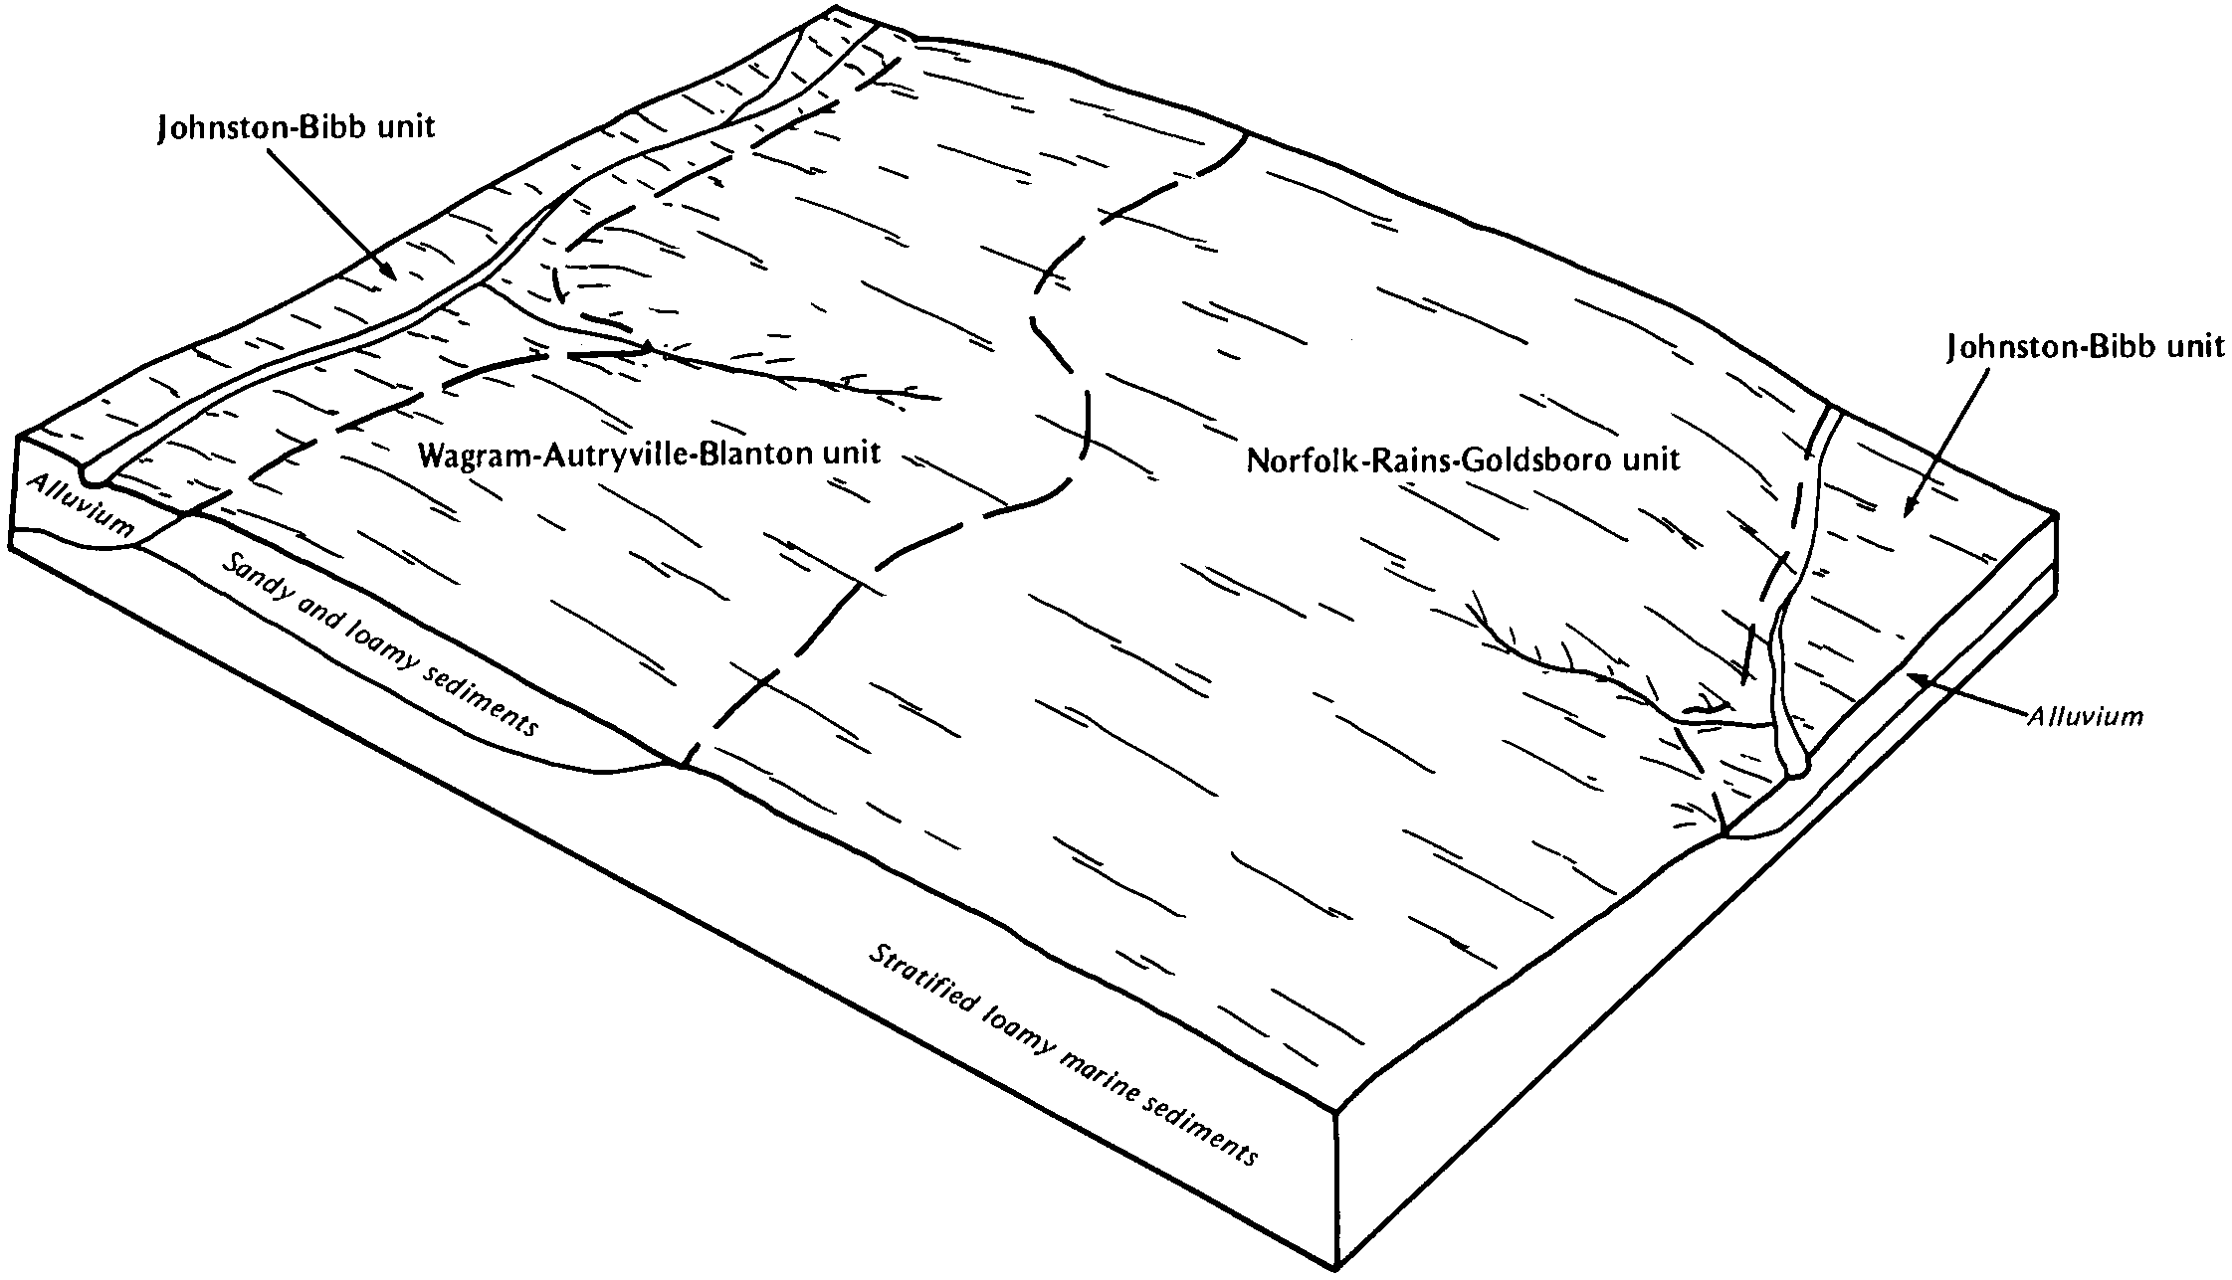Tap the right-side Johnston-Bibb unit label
click(2085, 347)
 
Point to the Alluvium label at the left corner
click(80, 506)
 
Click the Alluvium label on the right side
click(2086, 715)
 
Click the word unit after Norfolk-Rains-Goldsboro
click(1649, 460)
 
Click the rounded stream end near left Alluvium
click(92, 475)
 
